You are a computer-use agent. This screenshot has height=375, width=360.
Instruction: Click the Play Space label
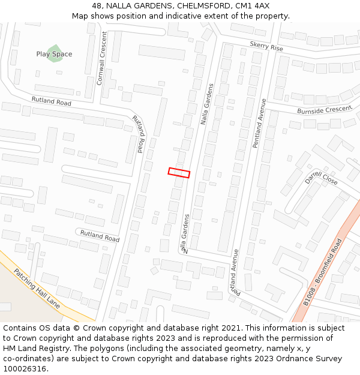coord(54,54)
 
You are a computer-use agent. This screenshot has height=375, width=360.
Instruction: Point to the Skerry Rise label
coord(266,46)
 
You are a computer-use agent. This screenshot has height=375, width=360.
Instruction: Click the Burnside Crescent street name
coord(324,110)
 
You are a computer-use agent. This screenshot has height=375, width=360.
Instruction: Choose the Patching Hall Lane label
coord(37,288)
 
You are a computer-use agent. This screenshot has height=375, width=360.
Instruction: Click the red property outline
coord(179,173)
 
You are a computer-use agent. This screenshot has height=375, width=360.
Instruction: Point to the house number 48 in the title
coord(97,5)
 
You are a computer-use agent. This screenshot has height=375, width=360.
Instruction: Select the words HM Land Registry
coord(34,349)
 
